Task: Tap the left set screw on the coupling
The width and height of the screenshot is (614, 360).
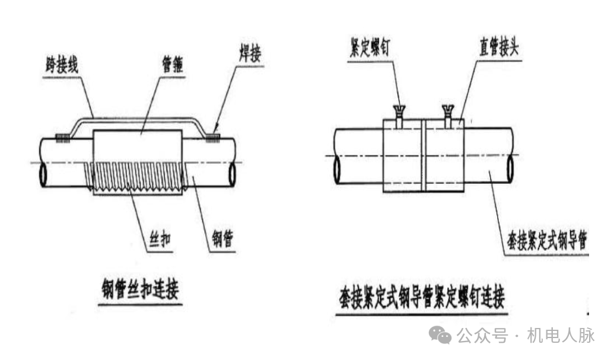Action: [399, 114]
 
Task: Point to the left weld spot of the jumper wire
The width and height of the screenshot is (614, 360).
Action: [62, 138]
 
